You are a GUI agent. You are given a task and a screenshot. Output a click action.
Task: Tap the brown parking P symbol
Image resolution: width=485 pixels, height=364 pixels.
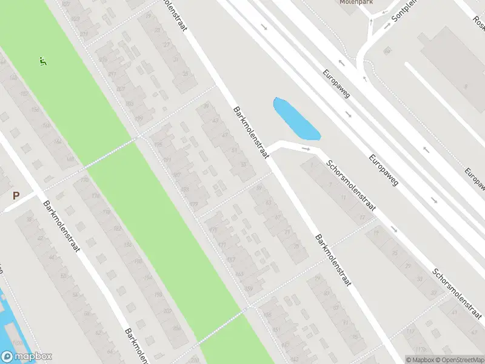point(16,196)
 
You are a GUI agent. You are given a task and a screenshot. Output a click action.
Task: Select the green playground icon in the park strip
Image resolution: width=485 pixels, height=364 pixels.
point(43,61)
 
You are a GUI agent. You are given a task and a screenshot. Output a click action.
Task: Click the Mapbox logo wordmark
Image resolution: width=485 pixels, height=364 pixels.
point(27,357)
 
